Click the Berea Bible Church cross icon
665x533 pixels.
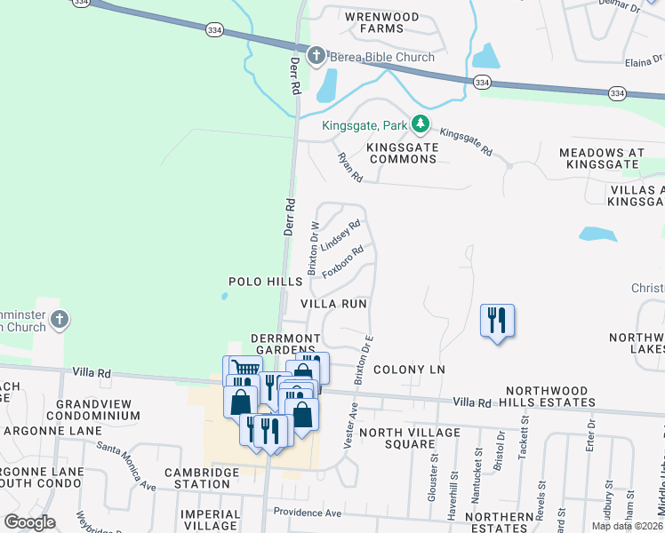(x=316, y=58)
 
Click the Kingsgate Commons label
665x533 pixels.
(x=403, y=152)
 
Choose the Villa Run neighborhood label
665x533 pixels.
(x=333, y=304)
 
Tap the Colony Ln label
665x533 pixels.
(x=408, y=369)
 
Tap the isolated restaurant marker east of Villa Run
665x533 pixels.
(x=497, y=320)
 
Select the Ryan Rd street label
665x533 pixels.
(x=349, y=167)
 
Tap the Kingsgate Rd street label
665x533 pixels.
(x=466, y=142)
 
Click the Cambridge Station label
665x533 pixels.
(x=202, y=478)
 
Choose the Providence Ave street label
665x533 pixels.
(x=307, y=513)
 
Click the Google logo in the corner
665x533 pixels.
(x=29, y=522)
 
